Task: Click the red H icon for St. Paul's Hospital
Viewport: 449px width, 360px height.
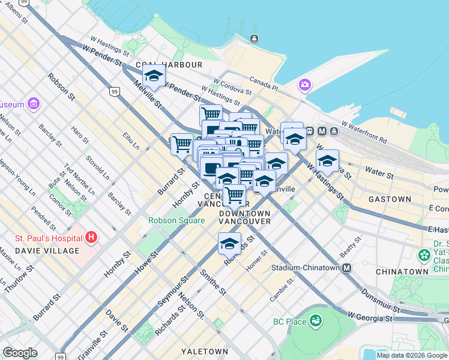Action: [x=91, y=238]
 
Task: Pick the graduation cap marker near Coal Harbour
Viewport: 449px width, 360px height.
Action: [x=154, y=77]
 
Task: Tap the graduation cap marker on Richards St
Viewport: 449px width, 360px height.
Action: [x=229, y=243]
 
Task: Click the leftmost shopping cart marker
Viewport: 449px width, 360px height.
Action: [x=182, y=143]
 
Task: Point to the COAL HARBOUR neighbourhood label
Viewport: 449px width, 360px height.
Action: [x=168, y=64]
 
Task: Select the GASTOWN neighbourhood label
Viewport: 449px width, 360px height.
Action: [x=390, y=199]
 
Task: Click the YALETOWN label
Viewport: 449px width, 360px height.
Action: [x=205, y=351]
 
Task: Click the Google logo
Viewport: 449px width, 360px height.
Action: [x=20, y=353]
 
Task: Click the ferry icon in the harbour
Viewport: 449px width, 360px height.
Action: [x=255, y=40]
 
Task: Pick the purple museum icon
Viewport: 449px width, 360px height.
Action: [x=33, y=104]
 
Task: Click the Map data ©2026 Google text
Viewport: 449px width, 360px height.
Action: [x=411, y=355]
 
